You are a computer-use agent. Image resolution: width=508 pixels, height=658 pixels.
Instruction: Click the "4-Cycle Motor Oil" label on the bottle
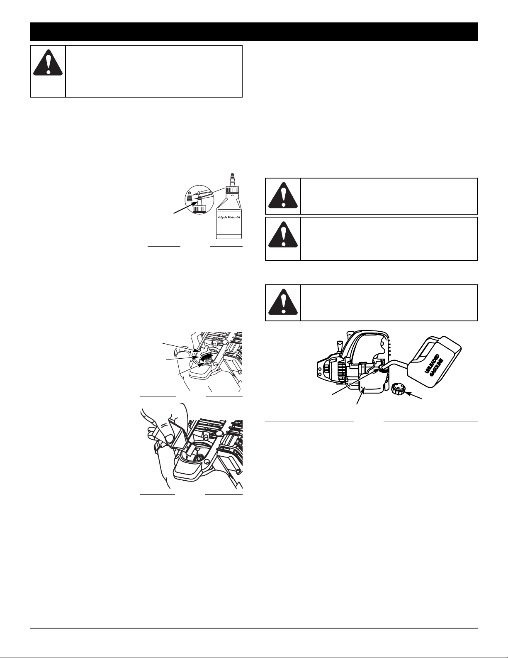[x=229, y=217]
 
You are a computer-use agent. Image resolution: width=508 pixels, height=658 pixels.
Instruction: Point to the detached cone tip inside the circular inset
[x=190, y=198]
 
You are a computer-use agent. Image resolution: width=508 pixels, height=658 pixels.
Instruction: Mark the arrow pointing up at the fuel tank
[x=360, y=397]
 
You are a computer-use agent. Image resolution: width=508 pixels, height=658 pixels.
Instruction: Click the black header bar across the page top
[x=254, y=32]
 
